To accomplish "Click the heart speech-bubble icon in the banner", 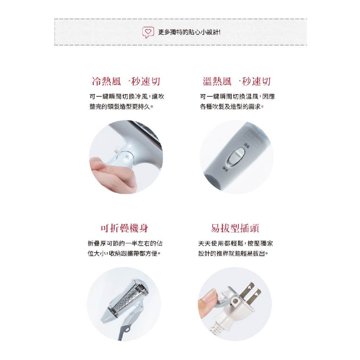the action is [148, 32].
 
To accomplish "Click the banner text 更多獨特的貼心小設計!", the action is [189, 32].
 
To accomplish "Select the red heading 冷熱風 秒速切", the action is [126, 81].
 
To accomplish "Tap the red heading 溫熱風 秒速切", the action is [237, 81].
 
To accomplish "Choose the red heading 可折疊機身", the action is [124, 228].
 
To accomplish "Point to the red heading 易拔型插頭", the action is [235, 228].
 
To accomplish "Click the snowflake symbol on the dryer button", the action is [127, 157].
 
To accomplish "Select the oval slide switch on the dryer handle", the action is [236, 156].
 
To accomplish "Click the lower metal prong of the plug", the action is [255, 296].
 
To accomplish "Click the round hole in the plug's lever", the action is [235, 301].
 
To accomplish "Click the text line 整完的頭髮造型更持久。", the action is [121, 107].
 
